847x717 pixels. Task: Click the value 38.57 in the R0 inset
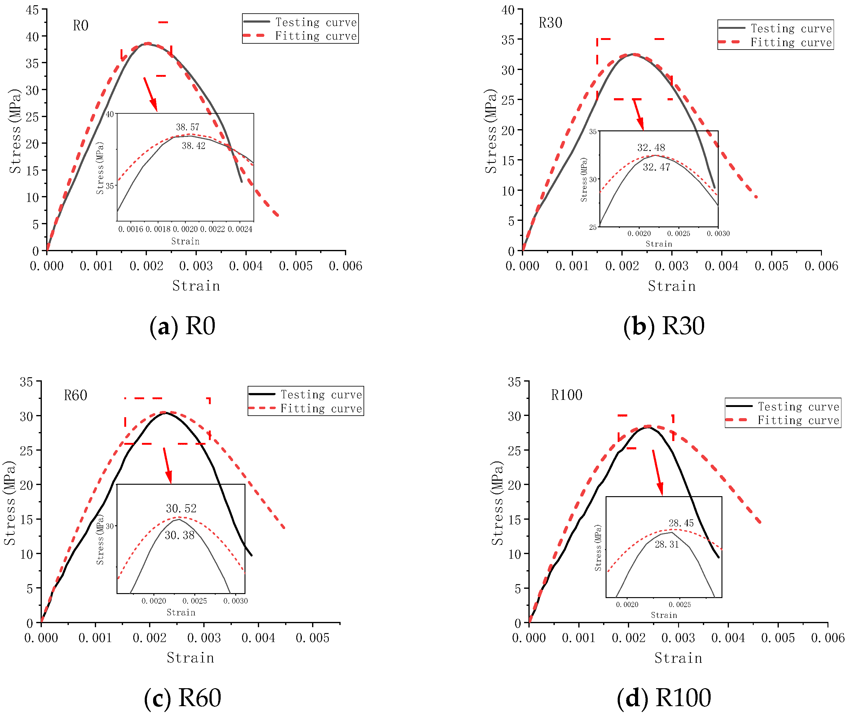coord(187,127)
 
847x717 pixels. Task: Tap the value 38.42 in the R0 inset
coord(194,146)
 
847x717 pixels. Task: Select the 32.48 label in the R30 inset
coord(651,147)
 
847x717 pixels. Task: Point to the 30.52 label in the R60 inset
coord(181,509)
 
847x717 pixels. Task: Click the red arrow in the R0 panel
coord(150,94)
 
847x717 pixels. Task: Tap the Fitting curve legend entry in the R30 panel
coord(775,42)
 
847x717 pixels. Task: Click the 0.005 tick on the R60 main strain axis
coord(312,638)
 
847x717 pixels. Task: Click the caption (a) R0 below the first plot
coord(182,326)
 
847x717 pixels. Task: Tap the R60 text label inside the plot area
coord(76,395)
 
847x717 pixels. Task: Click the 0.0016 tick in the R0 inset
coord(131,229)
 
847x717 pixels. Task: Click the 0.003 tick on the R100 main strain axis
coord(678,638)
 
